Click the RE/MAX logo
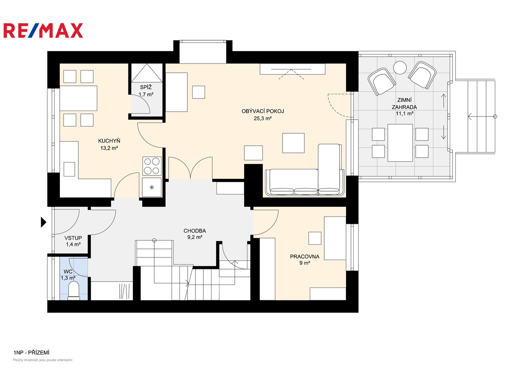43,30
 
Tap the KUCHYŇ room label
109,141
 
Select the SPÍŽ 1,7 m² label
146,91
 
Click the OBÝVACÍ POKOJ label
263,111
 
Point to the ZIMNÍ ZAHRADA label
404,103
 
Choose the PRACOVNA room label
305,257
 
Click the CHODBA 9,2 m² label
195,234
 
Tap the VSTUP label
73,238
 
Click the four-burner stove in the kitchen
152,166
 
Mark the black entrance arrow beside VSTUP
43,222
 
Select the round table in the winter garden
400,67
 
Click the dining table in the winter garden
400,143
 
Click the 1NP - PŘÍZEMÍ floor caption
31,353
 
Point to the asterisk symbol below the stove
152,187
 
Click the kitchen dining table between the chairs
78,98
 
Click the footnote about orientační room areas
42,360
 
